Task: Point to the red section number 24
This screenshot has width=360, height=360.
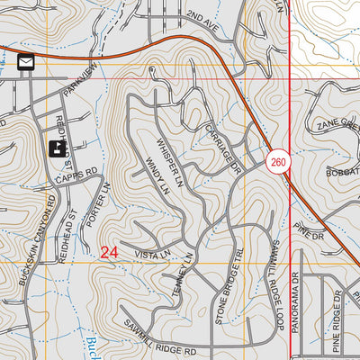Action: [x=110, y=254]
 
